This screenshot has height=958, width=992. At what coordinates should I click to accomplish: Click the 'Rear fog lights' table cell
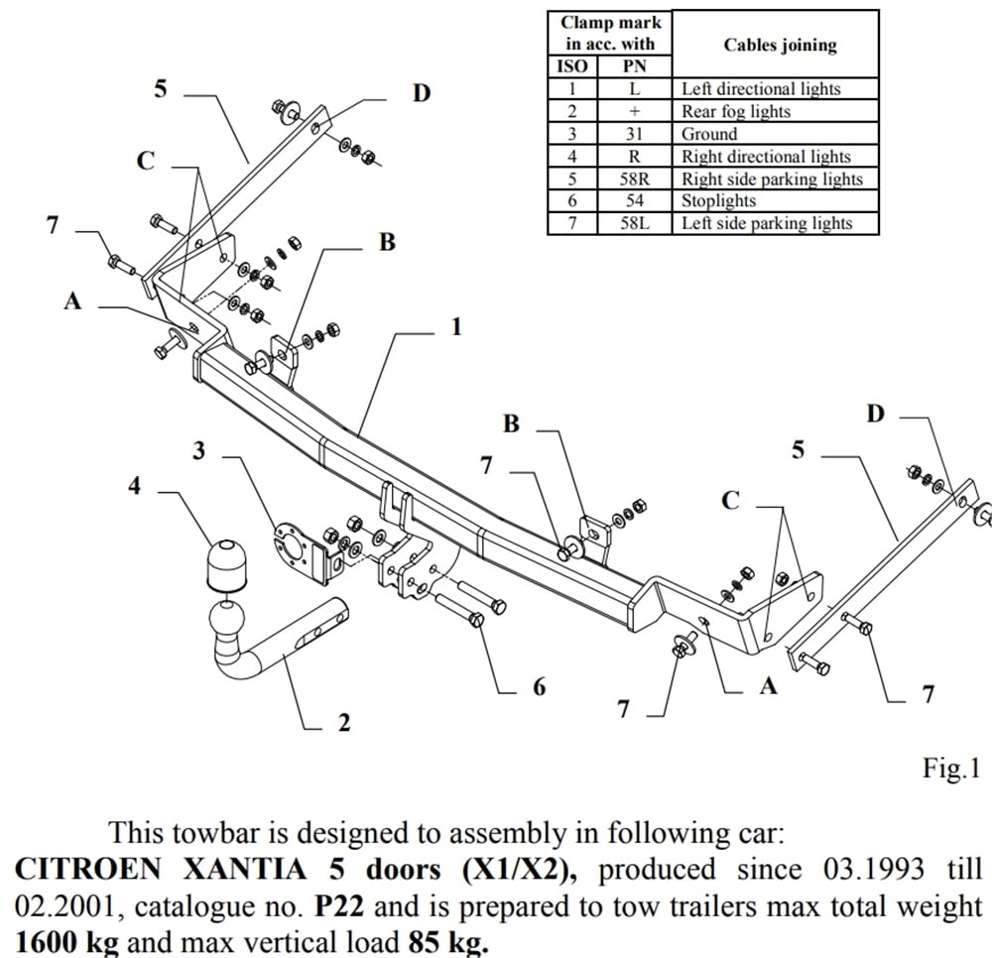(735, 111)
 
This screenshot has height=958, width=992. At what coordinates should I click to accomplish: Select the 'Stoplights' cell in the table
(718, 201)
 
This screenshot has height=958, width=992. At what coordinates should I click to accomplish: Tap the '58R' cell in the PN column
(634, 179)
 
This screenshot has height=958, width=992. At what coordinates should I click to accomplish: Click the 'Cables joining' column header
(780, 45)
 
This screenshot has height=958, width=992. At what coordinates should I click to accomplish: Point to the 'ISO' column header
(573, 67)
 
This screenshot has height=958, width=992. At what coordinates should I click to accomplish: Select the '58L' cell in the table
(634, 223)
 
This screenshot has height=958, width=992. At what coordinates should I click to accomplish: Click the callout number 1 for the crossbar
(456, 326)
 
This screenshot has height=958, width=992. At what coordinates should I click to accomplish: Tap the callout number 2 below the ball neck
(344, 723)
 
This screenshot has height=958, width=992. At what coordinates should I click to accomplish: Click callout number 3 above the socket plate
(199, 450)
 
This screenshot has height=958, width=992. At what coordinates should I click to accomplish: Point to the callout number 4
(135, 486)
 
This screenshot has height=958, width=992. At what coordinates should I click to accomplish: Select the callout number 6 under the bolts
(539, 686)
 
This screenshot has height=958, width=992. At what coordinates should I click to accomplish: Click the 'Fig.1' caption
(951, 768)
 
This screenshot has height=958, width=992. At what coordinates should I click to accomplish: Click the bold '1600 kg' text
(64, 939)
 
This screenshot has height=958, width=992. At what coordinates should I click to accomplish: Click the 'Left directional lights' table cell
(760, 88)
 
